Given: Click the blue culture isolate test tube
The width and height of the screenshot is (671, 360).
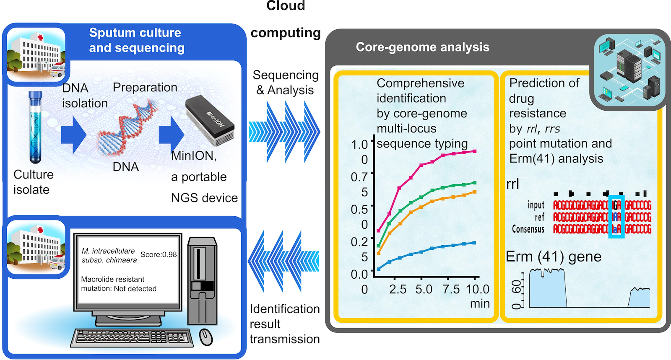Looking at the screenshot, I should pos(36,128).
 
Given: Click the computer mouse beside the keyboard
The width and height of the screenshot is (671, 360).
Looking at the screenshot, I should pos(205,337).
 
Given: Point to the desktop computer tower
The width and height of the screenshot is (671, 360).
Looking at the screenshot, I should pos(202,281).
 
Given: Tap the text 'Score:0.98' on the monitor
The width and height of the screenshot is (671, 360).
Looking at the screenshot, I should pos(159,254).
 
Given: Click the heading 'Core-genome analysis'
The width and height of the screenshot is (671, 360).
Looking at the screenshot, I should pos(422,47).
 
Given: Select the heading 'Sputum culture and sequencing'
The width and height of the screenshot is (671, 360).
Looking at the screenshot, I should pos(136,40).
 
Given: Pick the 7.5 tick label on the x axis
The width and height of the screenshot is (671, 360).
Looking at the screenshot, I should pos(451,289).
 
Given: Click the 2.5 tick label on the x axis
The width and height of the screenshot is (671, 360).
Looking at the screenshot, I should pos(398,289).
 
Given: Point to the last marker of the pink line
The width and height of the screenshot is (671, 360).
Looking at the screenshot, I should pos(475,151).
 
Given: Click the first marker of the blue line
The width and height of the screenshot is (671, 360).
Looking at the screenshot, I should pos(378,269).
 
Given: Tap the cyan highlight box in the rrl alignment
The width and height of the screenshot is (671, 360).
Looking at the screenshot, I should pos(616,217).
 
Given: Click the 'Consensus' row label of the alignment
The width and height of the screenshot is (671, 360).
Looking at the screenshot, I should pos(528,229).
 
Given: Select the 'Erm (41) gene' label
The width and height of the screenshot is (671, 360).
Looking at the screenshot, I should pos(554,256).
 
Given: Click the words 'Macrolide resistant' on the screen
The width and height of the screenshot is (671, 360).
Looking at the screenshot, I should pos(112,279).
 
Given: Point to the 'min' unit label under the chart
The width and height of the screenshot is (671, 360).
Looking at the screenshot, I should pos(480,303).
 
